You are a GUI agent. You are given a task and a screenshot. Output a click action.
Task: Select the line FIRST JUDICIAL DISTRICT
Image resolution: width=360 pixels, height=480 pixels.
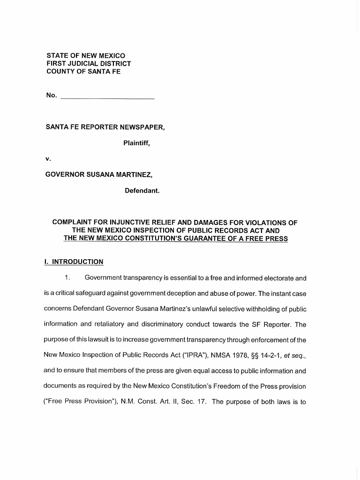[x=89, y=64]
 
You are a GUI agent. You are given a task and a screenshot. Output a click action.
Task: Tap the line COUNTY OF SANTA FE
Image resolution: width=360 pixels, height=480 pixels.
[x=83, y=72]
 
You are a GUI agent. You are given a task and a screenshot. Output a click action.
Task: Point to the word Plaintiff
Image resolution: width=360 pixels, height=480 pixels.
[x=136, y=143]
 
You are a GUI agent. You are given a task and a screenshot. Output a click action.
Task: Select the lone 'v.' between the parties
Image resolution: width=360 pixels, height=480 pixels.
[x=48, y=159]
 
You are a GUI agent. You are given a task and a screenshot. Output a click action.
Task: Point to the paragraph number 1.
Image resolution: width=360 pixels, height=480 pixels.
[x=68, y=278]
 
